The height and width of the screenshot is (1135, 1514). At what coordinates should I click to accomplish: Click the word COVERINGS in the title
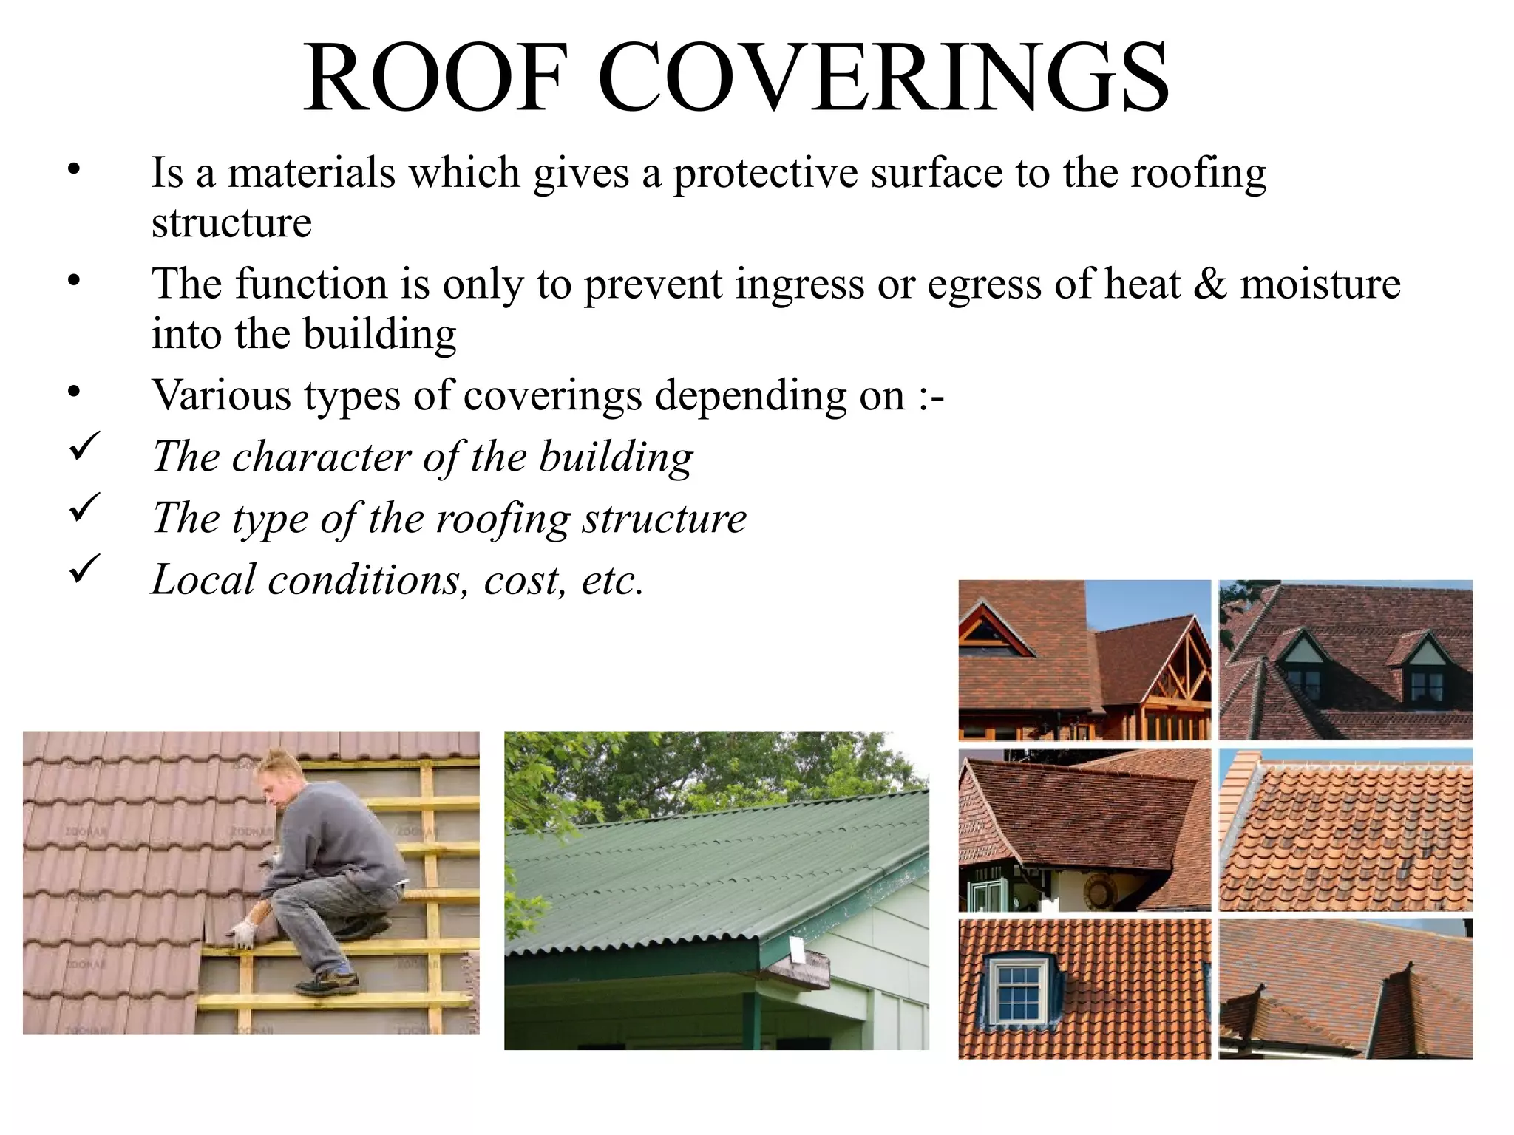pyautogui.click(x=883, y=78)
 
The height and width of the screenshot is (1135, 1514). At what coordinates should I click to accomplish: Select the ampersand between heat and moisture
pyautogui.click(x=1209, y=284)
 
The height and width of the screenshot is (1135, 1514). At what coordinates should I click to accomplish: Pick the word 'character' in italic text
pyautogui.click(x=321, y=457)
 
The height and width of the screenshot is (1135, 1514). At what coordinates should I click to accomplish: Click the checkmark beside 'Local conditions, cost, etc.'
pyautogui.click(x=84, y=570)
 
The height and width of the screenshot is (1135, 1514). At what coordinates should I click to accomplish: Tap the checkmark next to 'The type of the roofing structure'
pyautogui.click(x=84, y=508)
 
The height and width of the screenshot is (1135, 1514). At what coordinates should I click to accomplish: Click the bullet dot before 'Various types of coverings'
pyautogui.click(x=73, y=392)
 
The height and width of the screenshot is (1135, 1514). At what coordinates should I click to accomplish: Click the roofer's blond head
pyautogui.click(x=275, y=772)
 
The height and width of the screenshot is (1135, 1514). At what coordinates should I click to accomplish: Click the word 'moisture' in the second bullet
pyautogui.click(x=1320, y=284)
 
